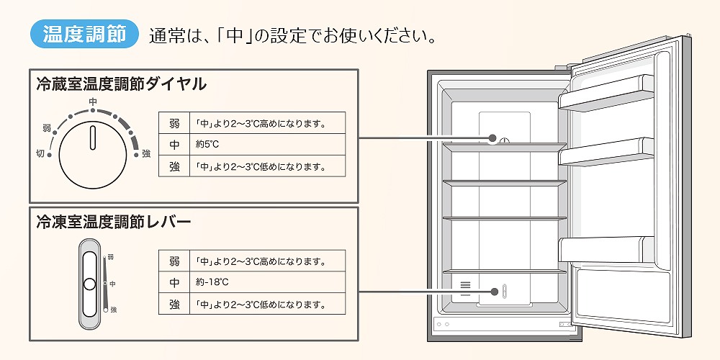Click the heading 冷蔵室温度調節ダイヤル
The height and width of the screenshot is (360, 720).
point(121,84)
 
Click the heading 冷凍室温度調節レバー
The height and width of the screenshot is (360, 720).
point(113,222)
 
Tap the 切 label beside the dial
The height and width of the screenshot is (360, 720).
point(40,153)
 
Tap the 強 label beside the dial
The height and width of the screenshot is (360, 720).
point(146,153)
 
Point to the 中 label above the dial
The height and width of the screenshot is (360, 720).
point(93,102)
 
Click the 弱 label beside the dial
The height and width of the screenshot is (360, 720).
point(47,128)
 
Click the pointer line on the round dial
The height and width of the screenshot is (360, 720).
point(93,136)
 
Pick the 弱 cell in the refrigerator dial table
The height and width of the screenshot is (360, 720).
point(174,123)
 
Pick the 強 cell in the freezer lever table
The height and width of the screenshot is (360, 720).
point(174,304)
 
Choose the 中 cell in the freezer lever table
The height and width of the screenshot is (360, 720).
point(174,282)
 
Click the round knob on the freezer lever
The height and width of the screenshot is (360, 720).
point(89,284)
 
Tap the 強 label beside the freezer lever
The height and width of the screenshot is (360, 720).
point(113,309)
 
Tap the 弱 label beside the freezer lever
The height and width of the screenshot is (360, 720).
point(111,257)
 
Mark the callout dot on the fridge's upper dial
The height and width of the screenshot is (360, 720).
point(493,138)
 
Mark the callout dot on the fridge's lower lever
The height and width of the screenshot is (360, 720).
point(495,292)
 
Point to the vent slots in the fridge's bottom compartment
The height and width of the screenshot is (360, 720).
point(465,286)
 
